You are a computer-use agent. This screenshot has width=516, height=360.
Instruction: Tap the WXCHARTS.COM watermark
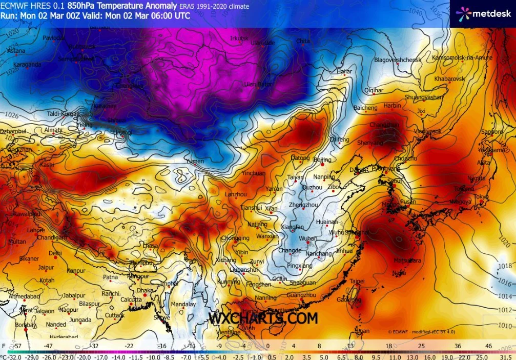pos(263,318)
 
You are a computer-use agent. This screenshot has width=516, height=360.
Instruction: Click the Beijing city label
pos(322,159)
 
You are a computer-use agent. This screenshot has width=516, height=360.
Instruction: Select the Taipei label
pos(357,281)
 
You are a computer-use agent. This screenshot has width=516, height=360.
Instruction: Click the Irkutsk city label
pos(239,38)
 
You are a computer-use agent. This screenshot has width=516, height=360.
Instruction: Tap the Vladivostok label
pos(428,131)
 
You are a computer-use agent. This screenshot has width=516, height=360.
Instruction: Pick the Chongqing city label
pos(235,238)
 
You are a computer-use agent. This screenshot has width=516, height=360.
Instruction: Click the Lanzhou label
pos(236,194)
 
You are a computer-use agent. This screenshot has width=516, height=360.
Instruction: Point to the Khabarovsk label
pos(449,79)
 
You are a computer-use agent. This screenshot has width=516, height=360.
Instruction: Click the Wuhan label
pos(308,238)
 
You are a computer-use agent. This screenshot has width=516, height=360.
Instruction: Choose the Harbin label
pos(393,106)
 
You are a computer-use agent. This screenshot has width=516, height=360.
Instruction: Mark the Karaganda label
pos(27,65)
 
